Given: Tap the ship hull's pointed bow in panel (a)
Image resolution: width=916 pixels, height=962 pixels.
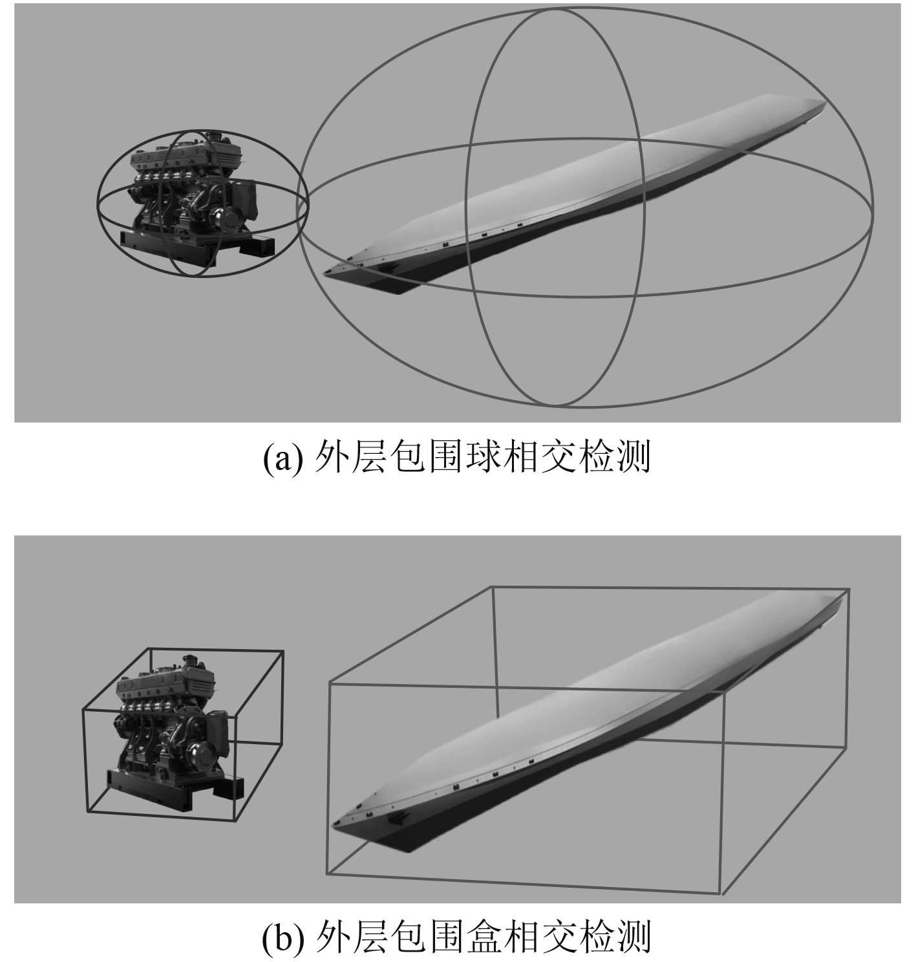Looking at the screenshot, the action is [325, 273].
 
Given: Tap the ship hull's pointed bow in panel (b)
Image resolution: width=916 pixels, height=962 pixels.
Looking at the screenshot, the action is [334, 824].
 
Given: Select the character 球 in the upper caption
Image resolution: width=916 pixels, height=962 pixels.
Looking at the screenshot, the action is [487, 458].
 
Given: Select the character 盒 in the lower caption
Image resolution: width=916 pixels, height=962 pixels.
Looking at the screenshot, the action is [488, 937].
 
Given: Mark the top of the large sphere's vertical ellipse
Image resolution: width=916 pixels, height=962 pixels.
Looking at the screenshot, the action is [556, 9].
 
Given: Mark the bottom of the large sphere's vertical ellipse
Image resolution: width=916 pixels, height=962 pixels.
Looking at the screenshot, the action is [556, 405].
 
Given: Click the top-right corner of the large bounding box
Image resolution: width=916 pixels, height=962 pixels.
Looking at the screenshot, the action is [849, 589].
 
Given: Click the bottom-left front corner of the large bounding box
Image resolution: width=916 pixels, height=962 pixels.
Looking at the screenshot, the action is [327, 874].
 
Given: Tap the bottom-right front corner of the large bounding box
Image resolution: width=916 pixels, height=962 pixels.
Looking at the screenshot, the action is [720, 893].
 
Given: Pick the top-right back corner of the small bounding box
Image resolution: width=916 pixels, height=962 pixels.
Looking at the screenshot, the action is [283, 651].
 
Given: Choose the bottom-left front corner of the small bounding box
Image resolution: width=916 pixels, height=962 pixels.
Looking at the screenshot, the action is [88, 812].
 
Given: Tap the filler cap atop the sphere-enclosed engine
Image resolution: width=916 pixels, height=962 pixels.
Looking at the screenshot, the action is [213, 135].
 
